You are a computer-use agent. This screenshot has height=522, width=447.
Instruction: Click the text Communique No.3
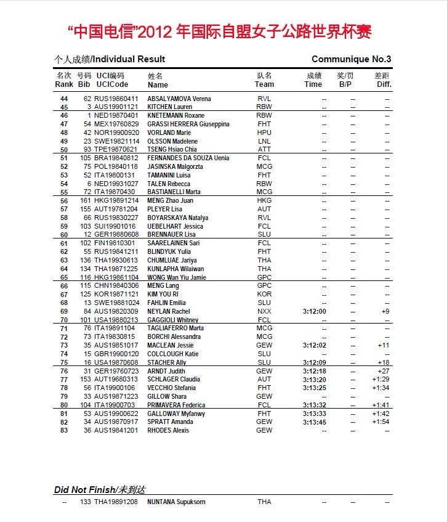point(351,59)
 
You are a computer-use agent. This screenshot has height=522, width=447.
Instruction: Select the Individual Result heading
point(110,59)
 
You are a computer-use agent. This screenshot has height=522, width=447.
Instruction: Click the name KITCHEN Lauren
point(170,107)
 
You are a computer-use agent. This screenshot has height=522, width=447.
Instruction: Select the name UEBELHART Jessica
point(175,226)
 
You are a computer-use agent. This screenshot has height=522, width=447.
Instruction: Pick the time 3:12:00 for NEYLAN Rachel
point(315,311)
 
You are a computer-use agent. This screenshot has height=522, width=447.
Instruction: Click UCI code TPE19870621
point(116,150)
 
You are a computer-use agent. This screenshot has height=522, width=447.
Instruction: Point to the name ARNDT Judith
point(166,371)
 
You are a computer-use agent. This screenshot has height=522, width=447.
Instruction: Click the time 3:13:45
point(315,422)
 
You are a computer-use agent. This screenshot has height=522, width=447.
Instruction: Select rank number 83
point(63,430)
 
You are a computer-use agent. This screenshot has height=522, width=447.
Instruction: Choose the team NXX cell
point(264,311)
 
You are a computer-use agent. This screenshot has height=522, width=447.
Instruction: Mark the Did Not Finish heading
point(99,489)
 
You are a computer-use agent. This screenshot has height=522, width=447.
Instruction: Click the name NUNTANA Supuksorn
point(176,502)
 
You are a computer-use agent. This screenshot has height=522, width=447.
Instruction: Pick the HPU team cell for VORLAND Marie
point(264,133)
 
